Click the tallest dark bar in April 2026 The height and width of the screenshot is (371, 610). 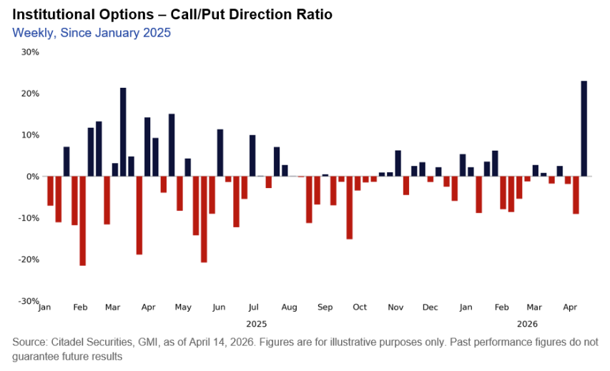pyautogui.click(x=584, y=129)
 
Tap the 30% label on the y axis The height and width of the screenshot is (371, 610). pyautogui.click(x=30, y=52)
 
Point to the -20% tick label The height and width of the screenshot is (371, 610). pyautogui.click(x=29, y=259)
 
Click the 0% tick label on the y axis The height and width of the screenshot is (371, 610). pyautogui.click(x=33, y=177)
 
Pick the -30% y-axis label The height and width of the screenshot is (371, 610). pyautogui.click(x=29, y=301)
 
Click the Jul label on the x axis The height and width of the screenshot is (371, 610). pyautogui.click(x=252, y=307)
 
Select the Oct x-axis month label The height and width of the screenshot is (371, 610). pyautogui.click(x=360, y=307)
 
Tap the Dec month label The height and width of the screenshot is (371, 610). pyautogui.click(x=430, y=307)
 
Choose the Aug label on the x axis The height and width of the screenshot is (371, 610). pyautogui.click(x=289, y=307)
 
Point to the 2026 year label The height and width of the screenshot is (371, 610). pyautogui.click(x=527, y=324)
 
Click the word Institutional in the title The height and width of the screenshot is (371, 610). pyautogui.click(x=50, y=14)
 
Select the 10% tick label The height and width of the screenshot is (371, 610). pyautogui.click(x=30, y=135)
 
